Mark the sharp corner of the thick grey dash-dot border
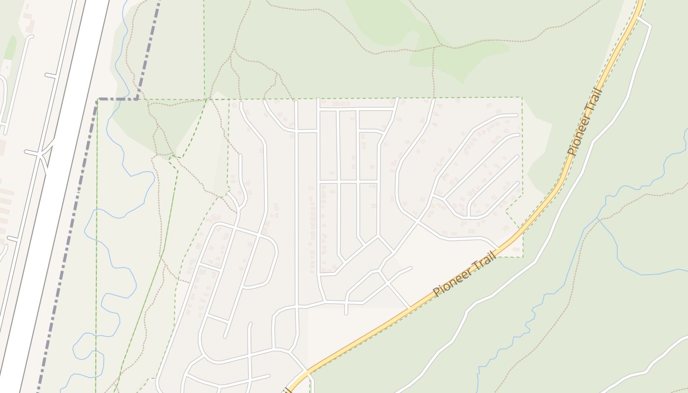(x=99, y=100)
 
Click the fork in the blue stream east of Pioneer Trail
(x=599, y=218)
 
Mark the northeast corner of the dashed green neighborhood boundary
(x=521, y=97)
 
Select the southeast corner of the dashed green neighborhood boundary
(x=522, y=257)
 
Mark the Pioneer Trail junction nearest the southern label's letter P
(x=409, y=308)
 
